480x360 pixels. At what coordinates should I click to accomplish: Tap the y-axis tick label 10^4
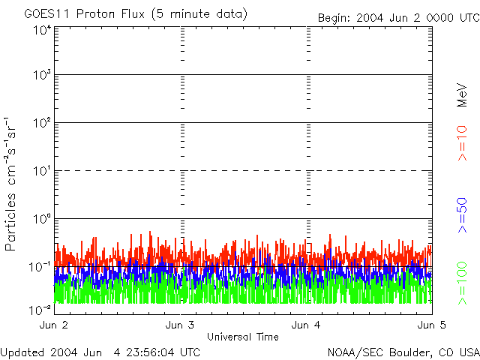click(42, 30)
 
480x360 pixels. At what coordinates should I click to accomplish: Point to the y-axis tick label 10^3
click(42, 76)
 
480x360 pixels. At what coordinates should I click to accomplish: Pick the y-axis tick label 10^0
click(42, 220)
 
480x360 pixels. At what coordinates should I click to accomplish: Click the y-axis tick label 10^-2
click(40, 310)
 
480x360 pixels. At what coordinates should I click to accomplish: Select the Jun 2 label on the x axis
click(54, 325)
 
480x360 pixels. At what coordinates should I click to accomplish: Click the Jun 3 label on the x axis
click(180, 325)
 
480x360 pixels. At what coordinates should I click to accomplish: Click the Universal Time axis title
click(244, 336)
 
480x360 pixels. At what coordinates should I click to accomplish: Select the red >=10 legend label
click(462, 143)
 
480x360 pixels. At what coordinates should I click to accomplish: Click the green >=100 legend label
click(462, 283)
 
